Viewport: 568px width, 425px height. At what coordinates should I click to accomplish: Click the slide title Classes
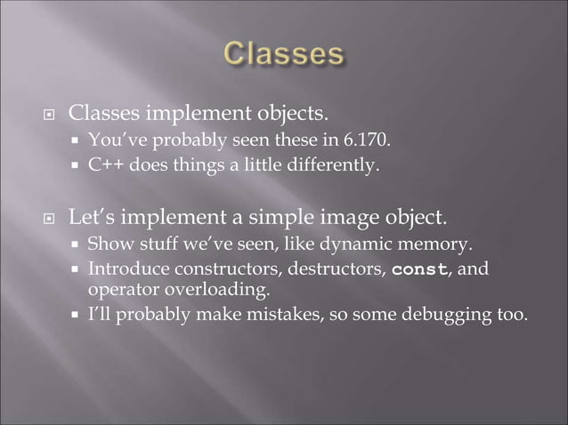point(283,54)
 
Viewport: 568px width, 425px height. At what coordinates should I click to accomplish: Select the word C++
point(105,164)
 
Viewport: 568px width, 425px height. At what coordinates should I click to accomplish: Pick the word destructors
point(334,269)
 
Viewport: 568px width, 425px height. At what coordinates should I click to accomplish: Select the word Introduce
point(120,269)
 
